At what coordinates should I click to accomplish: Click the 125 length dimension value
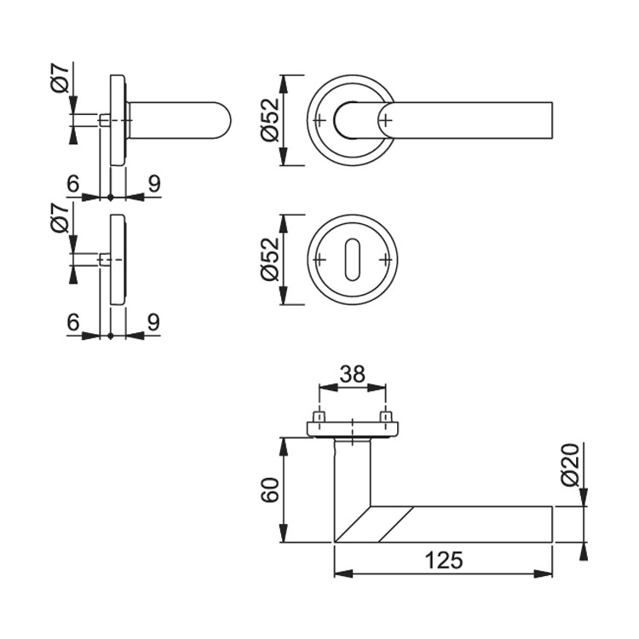443,560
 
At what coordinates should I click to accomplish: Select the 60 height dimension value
270,490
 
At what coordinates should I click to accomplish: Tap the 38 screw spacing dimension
353,374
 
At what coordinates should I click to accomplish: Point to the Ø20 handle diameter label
570,464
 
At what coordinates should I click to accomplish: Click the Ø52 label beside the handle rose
270,120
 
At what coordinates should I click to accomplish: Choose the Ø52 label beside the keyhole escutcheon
270,259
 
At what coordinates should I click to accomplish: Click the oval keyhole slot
352,259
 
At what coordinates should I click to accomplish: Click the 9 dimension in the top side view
154,184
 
